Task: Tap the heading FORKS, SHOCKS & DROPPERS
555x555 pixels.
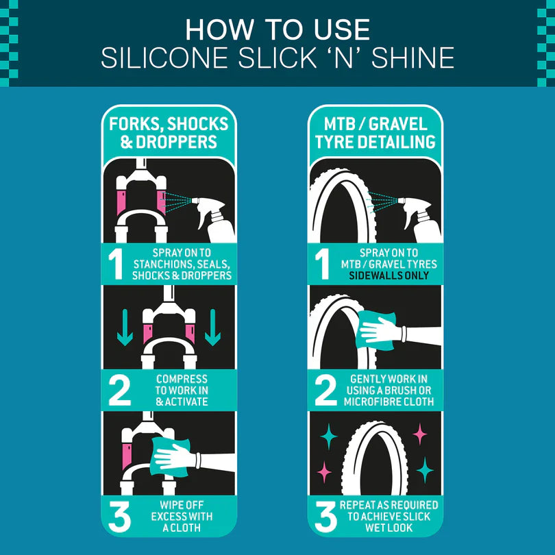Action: tap(169, 134)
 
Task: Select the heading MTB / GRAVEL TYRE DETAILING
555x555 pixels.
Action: tap(375, 134)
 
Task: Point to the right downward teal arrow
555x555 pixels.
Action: tap(213, 328)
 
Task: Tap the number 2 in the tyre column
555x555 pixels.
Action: tap(325, 391)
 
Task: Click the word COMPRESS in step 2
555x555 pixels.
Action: tap(182, 379)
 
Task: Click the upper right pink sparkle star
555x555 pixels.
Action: tap(419, 433)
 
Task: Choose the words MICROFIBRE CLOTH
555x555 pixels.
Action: tap(388, 402)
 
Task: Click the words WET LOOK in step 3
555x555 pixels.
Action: tap(388, 528)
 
